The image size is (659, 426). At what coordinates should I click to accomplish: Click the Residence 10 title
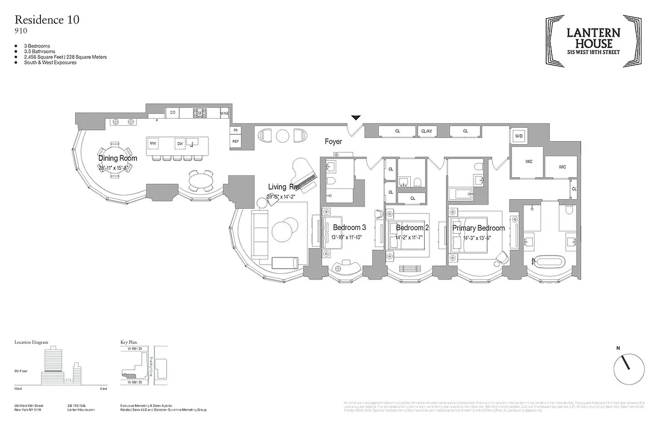point(47,20)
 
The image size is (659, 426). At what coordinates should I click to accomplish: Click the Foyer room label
point(334,142)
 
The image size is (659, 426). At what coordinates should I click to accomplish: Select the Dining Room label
point(118,158)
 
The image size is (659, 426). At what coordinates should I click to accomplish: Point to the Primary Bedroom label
point(478,228)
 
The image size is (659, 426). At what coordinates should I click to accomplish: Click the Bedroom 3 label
point(349,228)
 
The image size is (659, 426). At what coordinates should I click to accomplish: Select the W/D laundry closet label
point(518,136)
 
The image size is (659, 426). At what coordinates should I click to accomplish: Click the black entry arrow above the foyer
point(356,118)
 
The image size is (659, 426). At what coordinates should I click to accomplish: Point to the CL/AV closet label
point(427,130)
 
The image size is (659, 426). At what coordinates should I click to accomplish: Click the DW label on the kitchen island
point(180,144)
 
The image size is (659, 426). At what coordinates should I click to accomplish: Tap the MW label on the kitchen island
point(153,144)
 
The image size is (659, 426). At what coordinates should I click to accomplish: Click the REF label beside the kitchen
point(235,141)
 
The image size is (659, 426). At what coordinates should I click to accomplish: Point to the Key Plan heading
point(129,342)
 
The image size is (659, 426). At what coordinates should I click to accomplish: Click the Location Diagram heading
point(31,342)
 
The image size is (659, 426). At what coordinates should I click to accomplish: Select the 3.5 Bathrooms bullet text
point(39,52)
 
